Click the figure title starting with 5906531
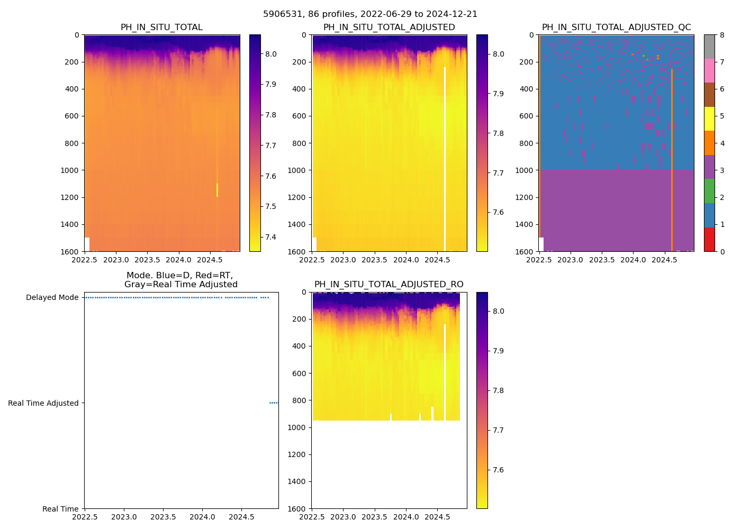tap(370, 14)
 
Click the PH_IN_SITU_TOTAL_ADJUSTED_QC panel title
tap(616, 28)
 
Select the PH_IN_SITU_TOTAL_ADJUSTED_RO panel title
tap(388, 285)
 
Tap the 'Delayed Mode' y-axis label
tap(52, 297)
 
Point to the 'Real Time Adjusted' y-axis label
tap(43, 403)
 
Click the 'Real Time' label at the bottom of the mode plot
tap(60, 509)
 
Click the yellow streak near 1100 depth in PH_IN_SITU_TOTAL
tap(217, 190)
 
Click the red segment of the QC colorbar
tap(709, 239)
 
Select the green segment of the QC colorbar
tap(709, 191)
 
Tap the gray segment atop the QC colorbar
tap(709, 47)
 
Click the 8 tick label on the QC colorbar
tap(722, 35)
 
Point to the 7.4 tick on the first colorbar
tap(270, 237)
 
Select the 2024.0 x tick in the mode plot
tap(202, 517)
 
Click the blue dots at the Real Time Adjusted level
tap(273, 403)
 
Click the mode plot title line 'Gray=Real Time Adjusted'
tap(180, 285)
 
